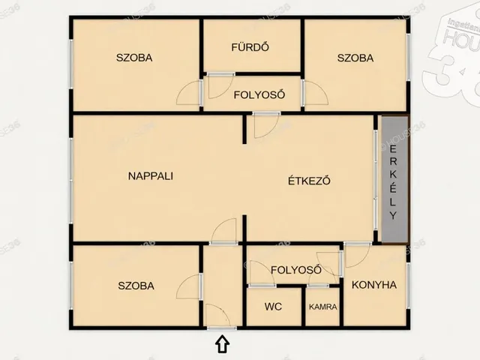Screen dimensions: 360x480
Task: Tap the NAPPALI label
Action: (x=151, y=176)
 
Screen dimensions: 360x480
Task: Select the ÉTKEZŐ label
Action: (x=310, y=180)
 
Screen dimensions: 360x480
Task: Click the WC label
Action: (x=273, y=307)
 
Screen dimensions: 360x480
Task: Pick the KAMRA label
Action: (x=322, y=307)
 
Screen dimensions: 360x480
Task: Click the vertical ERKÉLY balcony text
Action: (x=394, y=180)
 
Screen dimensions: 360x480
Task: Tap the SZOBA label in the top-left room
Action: (x=134, y=58)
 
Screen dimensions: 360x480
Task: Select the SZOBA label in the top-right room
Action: (x=355, y=58)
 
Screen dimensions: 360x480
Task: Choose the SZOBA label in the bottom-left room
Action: (x=136, y=286)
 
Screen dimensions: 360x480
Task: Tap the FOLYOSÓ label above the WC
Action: (x=296, y=270)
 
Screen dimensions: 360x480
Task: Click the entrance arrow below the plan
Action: (x=222, y=344)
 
